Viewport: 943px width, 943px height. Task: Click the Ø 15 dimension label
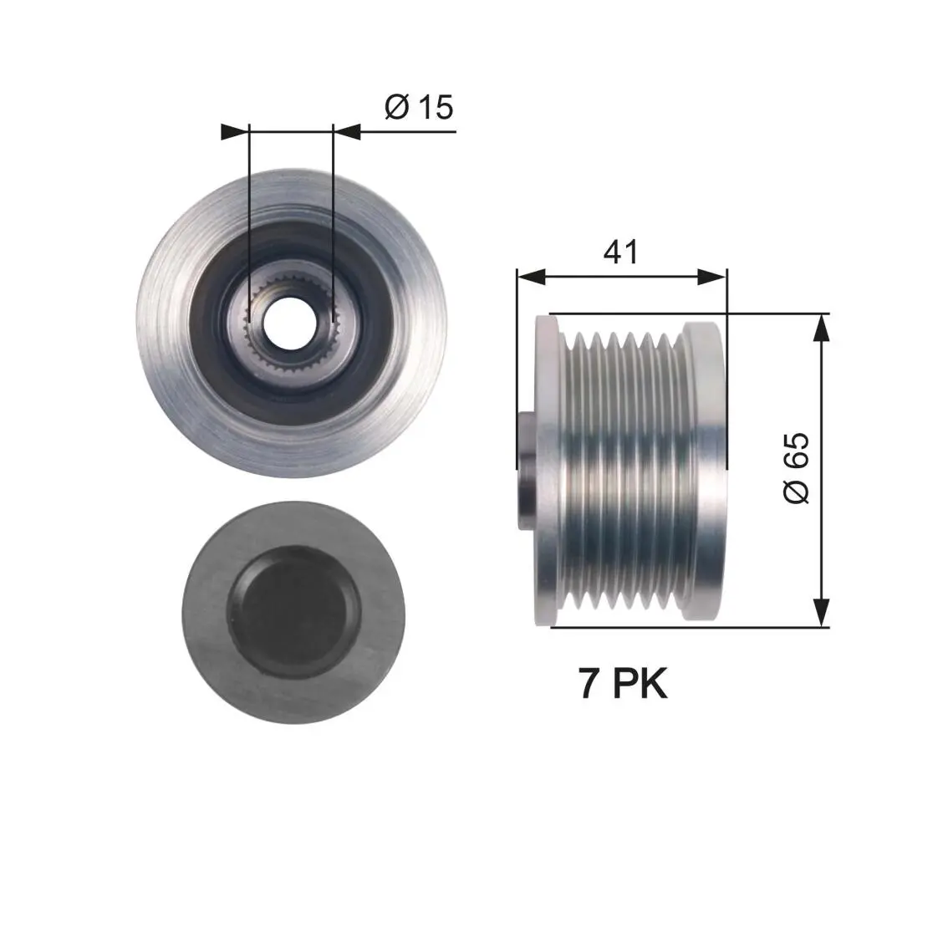click(x=419, y=107)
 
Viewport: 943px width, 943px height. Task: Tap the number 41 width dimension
click(x=620, y=252)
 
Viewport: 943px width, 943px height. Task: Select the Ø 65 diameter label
click(x=796, y=467)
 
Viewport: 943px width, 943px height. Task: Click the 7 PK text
click(x=623, y=683)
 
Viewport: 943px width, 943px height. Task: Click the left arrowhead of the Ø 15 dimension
click(x=235, y=132)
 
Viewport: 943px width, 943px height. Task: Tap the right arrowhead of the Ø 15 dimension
click(x=347, y=132)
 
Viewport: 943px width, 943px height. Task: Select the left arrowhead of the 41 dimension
click(x=531, y=277)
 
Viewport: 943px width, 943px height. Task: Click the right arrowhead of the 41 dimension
click(x=712, y=277)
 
